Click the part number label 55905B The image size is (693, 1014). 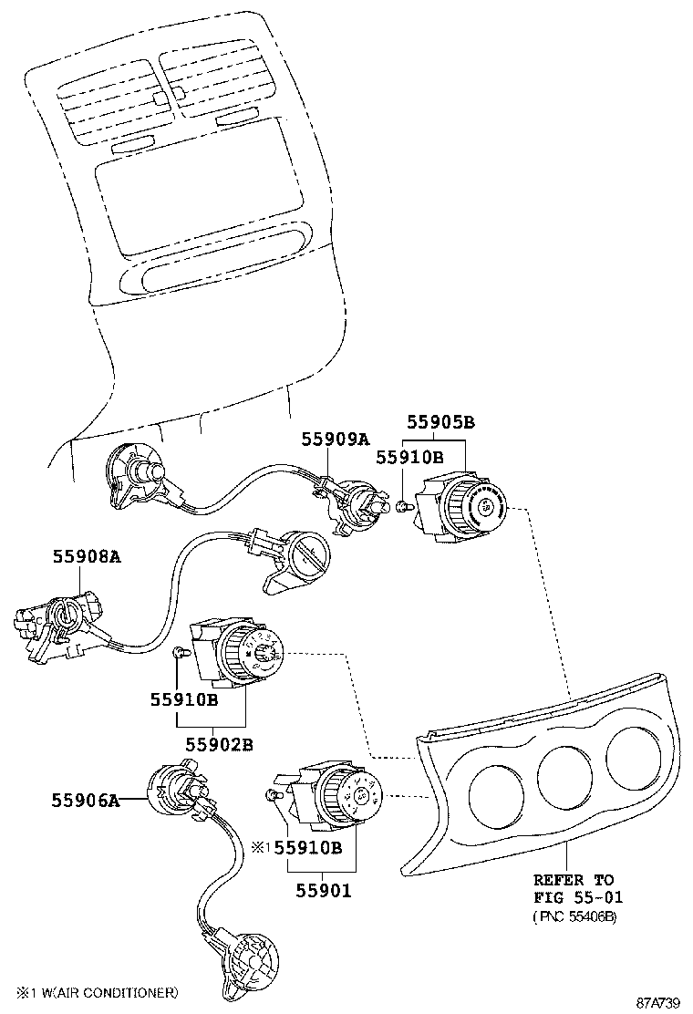pyautogui.click(x=441, y=422)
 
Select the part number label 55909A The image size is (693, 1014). pyautogui.click(x=336, y=440)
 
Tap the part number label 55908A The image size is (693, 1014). pyautogui.click(x=88, y=556)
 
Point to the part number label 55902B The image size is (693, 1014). pyautogui.click(x=219, y=745)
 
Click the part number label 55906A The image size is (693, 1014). pyautogui.click(x=86, y=802)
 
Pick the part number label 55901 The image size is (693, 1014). pyautogui.click(x=324, y=891)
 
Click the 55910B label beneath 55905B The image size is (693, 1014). pyautogui.click(x=409, y=458)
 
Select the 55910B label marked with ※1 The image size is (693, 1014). pyautogui.click(x=307, y=847)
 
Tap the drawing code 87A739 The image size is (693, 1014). pyautogui.click(x=658, y=1003)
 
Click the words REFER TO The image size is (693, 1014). pyautogui.click(x=574, y=880)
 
